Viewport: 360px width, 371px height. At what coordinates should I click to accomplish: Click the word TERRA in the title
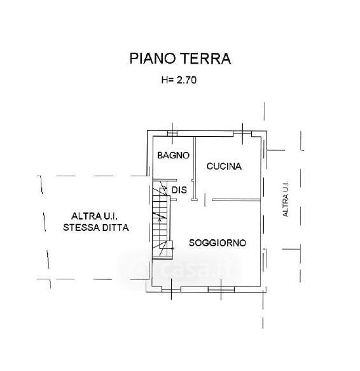(206, 59)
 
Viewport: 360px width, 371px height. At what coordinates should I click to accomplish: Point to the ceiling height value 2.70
(186, 80)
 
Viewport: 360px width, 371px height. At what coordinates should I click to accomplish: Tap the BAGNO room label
(174, 155)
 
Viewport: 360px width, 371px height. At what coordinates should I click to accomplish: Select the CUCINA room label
(224, 166)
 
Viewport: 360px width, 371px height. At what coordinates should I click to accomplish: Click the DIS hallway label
(179, 190)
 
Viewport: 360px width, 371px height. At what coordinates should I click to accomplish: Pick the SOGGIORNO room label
(218, 243)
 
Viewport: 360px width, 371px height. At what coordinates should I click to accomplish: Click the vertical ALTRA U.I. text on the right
(286, 199)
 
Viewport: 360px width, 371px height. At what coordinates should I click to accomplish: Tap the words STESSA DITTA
(96, 228)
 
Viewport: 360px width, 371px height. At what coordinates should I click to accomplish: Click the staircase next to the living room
(162, 219)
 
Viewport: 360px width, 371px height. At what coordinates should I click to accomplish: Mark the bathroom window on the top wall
(172, 134)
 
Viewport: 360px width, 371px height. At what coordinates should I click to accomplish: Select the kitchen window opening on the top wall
(242, 134)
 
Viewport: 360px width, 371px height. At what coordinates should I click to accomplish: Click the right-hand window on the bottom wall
(221, 289)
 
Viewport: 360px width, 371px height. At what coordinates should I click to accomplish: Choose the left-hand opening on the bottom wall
(171, 289)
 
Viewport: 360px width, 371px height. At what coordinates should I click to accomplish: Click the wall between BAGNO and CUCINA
(195, 169)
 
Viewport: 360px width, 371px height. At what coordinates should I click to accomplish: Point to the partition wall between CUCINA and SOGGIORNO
(237, 200)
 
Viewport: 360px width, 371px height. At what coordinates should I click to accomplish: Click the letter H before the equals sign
(164, 80)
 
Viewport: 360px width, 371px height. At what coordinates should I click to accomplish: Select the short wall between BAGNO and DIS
(165, 180)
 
